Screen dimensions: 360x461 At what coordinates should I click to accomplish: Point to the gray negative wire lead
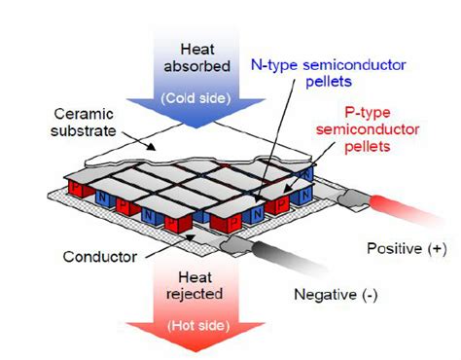pyautogui.click(x=292, y=256)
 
